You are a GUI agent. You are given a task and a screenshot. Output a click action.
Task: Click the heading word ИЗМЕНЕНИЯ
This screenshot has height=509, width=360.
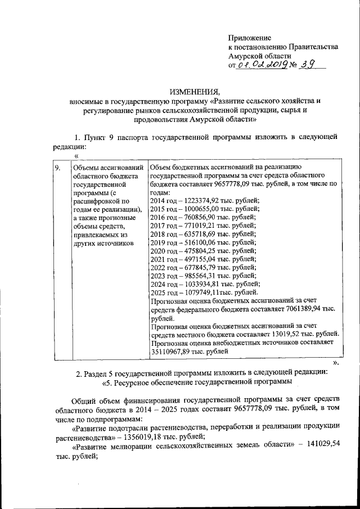pos(194,92)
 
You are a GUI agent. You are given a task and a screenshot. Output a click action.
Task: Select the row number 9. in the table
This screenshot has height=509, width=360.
pos(58,168)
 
